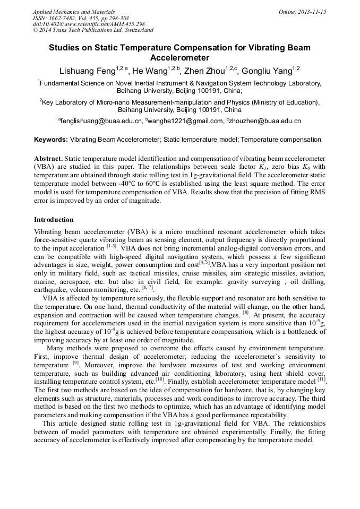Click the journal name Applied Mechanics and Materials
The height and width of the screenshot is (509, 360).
[70, 12]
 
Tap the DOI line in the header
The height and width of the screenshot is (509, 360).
[89, 24]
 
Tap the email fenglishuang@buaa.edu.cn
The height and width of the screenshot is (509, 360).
[101, 121]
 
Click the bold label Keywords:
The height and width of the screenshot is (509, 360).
[51, 140]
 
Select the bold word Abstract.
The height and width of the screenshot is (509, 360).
[48, 159]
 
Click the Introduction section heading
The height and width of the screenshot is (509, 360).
[54, 219]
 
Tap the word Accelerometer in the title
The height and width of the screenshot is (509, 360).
[179, 57]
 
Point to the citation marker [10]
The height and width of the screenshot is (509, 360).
[159, 379]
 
